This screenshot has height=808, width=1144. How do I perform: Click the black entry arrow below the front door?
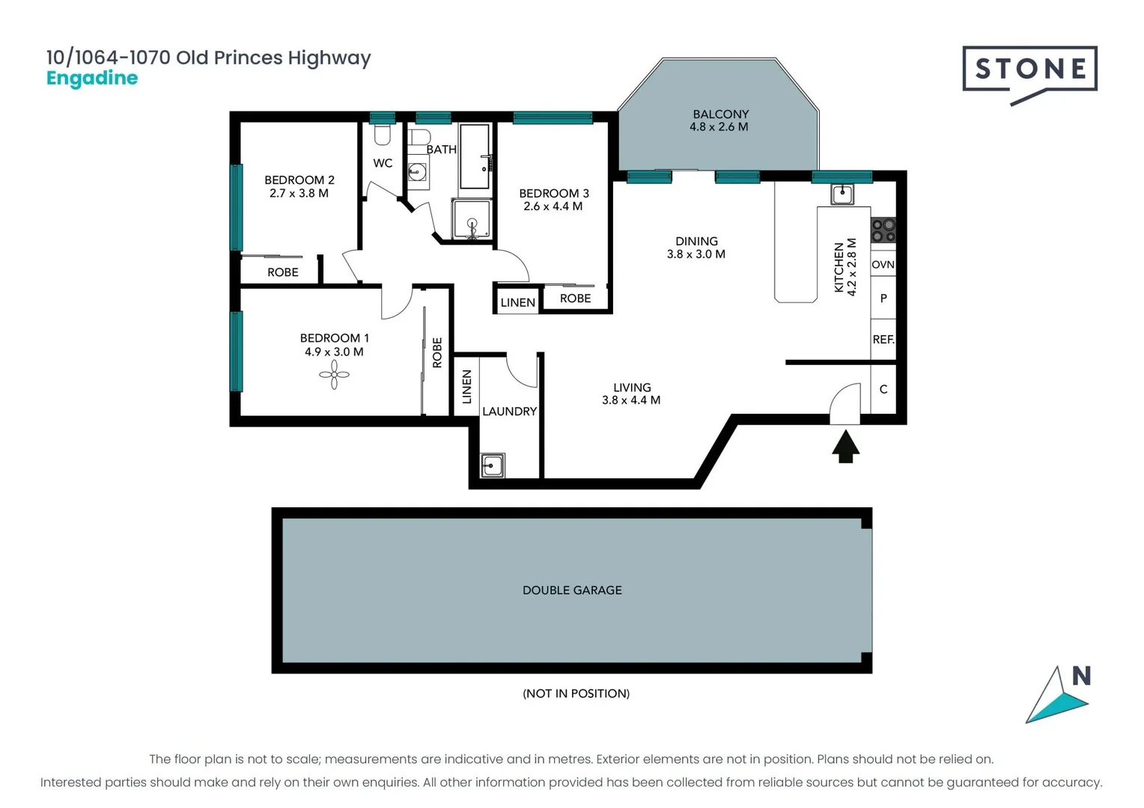point(845,447)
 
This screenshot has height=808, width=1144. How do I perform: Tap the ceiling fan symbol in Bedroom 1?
point(334,375)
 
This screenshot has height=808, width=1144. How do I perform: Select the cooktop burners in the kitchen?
point(883,230)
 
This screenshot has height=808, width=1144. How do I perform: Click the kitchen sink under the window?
point(842,195)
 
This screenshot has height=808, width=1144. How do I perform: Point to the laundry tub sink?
point(492,465)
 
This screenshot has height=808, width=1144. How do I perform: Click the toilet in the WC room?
point(383,135)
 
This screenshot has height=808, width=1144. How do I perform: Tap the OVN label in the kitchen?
point(883,264)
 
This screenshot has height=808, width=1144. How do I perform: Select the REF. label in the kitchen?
point(883,339)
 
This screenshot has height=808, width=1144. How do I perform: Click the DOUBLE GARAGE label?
point(572,590)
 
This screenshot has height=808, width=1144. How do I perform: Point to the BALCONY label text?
point(720,114)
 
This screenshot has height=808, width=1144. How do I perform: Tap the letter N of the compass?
point(1081,676)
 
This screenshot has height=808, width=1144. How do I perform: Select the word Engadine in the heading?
point(92,79)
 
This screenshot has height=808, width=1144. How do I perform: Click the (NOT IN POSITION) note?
point(576,694)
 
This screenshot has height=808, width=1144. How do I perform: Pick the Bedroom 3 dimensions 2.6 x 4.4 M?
point(553,206)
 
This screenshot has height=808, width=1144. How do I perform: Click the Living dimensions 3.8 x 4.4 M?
point(631,400)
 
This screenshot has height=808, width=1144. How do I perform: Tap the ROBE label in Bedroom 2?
point(283,272)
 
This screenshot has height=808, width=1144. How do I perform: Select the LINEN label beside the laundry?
point(466,387)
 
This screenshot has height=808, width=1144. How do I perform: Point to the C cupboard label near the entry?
point(883,389)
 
